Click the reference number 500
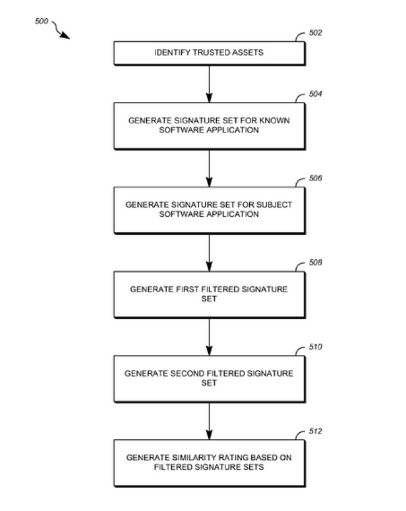(x=41, y=21)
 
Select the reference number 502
(x=316, y=33)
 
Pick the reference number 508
(x=316, y=263)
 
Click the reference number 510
(x=316, y=347)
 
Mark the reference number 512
(x=316, y=431)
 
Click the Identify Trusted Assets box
(x=209, y=53)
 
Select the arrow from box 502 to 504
(x=209, y=83)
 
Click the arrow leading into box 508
(x=209, y=252)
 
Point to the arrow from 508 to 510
(x=209, y=336)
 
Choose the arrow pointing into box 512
(x=209, y=420)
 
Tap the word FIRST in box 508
(x=181, y=289)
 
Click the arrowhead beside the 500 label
(x=66, y=36)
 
